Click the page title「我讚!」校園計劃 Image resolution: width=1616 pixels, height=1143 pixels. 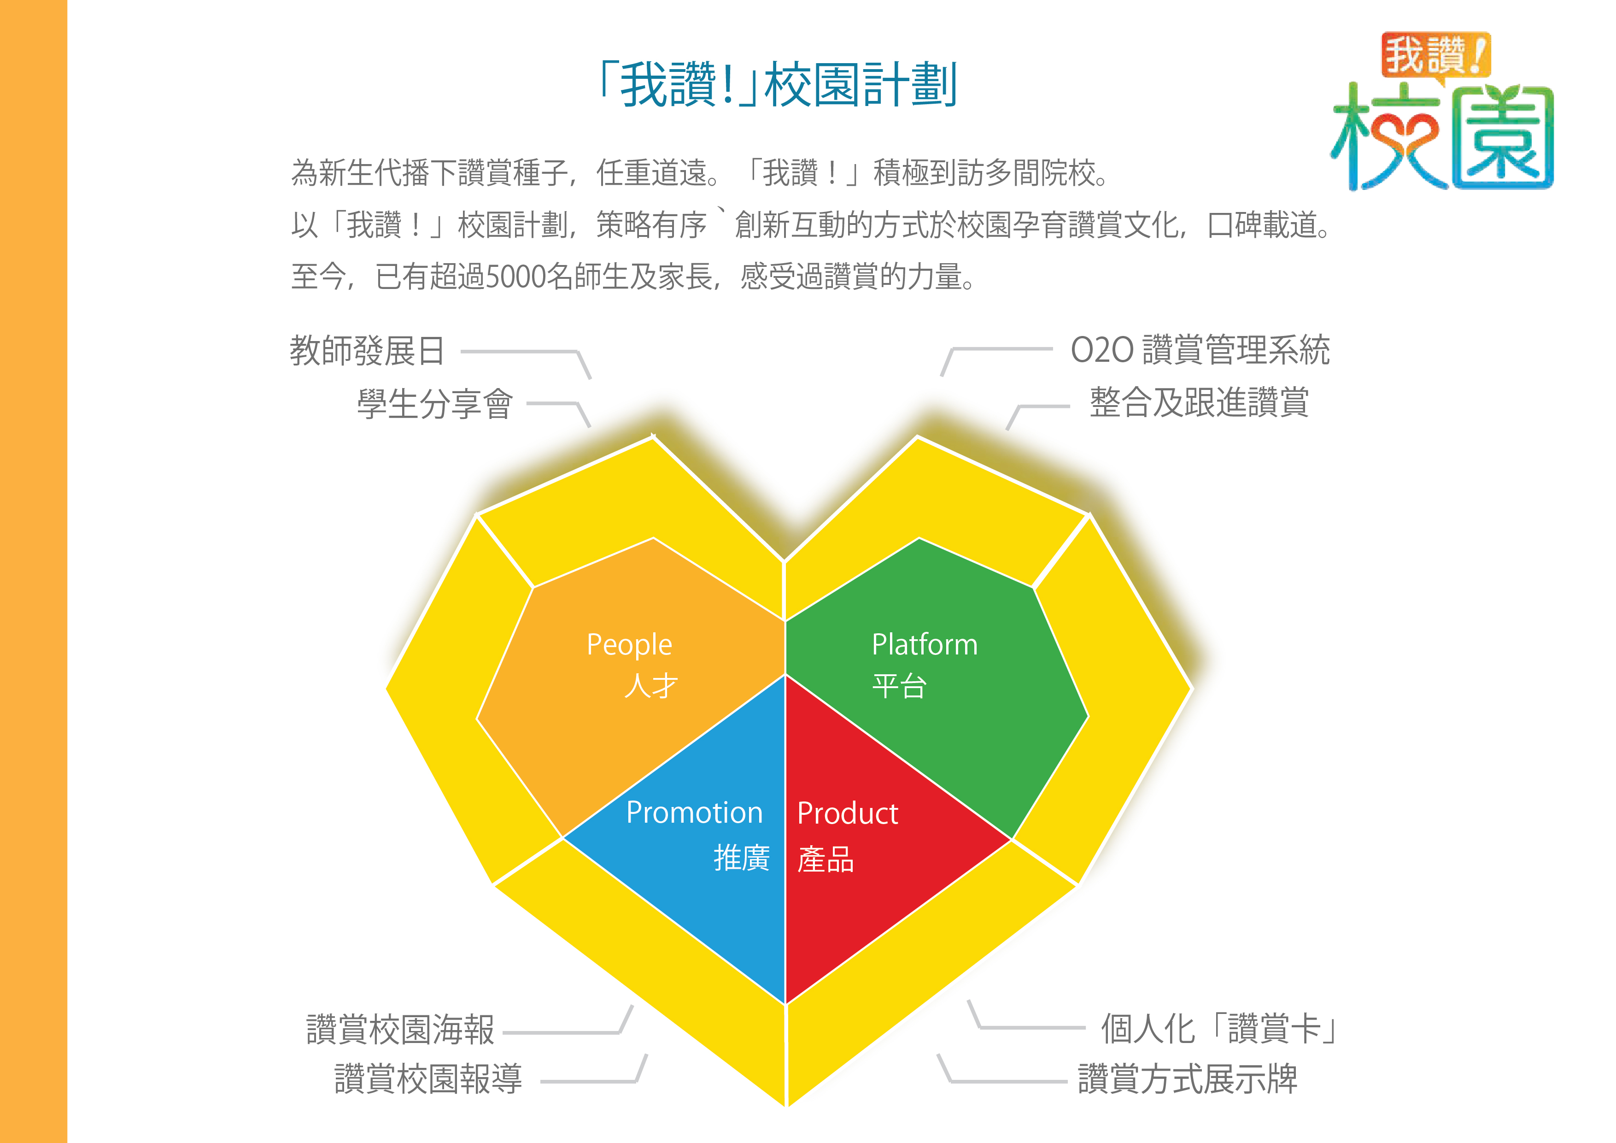778,84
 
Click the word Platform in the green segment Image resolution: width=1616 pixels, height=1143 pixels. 925,644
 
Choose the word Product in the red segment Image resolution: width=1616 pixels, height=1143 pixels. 848,813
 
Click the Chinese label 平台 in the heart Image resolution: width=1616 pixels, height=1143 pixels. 900,685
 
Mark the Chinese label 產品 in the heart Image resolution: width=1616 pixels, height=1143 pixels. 826,859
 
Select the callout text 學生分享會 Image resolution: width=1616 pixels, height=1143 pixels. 435,404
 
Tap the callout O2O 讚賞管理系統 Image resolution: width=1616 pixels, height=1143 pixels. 1200,349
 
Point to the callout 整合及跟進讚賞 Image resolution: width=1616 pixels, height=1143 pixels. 1199,403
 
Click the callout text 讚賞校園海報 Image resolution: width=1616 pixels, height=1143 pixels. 400,1030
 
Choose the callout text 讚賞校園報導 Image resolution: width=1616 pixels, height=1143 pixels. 428,1079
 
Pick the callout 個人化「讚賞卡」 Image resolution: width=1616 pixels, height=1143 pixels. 1219,1028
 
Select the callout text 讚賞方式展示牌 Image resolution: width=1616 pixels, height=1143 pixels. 1188,1079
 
